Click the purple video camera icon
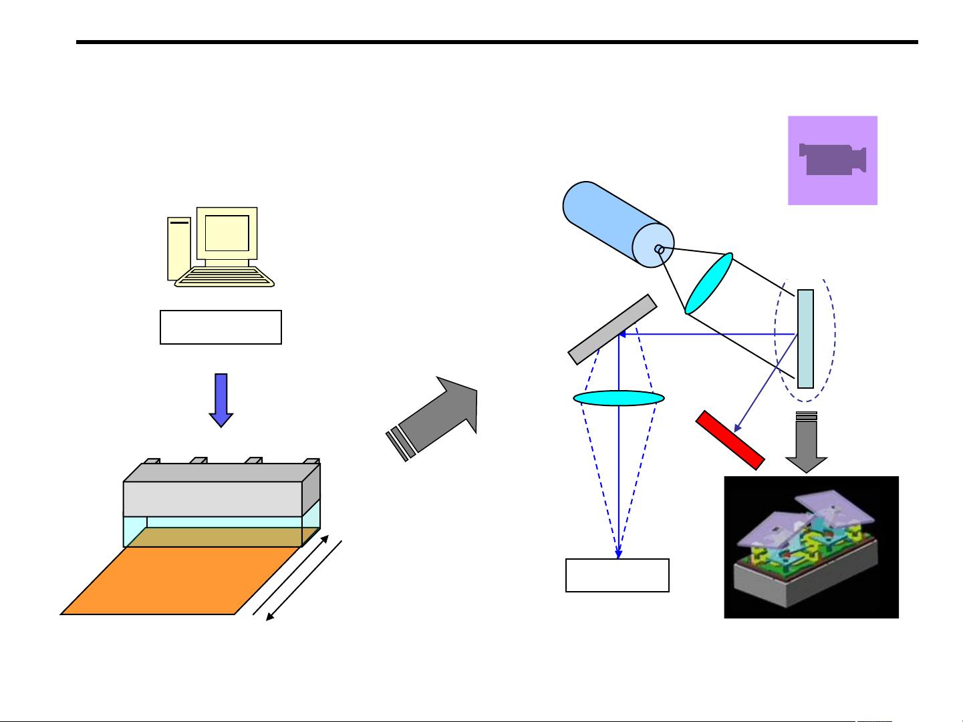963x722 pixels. point(832,160)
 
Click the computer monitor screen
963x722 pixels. point(227,233)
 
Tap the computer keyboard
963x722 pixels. point(225,277)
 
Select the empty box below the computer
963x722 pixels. point(221,327)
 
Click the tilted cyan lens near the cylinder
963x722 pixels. point(709,283)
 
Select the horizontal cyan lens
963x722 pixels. point(619,399)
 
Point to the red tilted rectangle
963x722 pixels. point(730,440)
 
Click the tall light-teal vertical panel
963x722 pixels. point(805,339)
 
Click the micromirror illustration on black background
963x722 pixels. point(811,547)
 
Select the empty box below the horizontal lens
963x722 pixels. point(617,575)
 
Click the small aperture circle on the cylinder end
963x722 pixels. point(658,249)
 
